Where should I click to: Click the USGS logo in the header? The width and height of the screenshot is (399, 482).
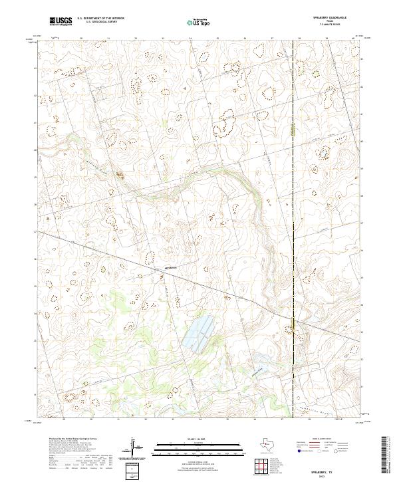click(x=61, y=21)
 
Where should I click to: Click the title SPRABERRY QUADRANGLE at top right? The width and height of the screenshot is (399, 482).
click(x=332, y=18)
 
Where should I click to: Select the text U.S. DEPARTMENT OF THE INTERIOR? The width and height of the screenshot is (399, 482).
click(x=100, y=19)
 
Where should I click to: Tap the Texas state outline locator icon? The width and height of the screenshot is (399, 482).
click(x=271, y=444)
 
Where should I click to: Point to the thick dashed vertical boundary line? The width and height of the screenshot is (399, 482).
click(x=293, y=199)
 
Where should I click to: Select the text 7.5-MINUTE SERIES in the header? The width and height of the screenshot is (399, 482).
click(x=332, y=25)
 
